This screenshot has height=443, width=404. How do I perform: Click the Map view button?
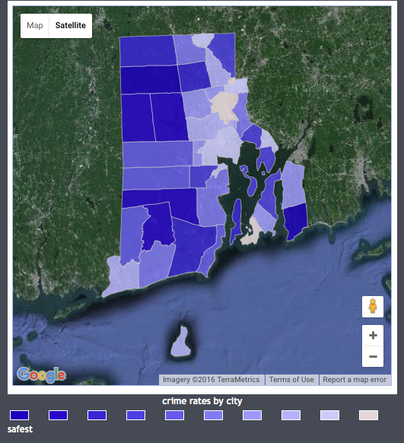click(x=35, y=26)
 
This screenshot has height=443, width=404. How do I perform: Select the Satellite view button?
click(x=71, y=26)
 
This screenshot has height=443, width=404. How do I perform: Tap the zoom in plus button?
click(x=373, y=336)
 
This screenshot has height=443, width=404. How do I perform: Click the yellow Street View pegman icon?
click(x=373, y=307)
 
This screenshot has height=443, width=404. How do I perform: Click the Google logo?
click(x=41, y=374)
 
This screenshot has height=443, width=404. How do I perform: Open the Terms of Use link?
click(x=291, y=380)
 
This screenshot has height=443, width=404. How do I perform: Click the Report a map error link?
click(x=354, y=380)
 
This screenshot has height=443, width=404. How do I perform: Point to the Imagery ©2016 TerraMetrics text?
click(x=210, y=380)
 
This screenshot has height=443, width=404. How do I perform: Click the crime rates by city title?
click(x=202, y=401)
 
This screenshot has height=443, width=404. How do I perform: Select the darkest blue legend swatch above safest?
click(x=19, y=415)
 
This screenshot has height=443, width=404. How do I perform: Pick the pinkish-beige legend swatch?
click(x=368, y=415)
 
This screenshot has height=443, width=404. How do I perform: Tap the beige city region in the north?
click(x=224, y=105)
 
